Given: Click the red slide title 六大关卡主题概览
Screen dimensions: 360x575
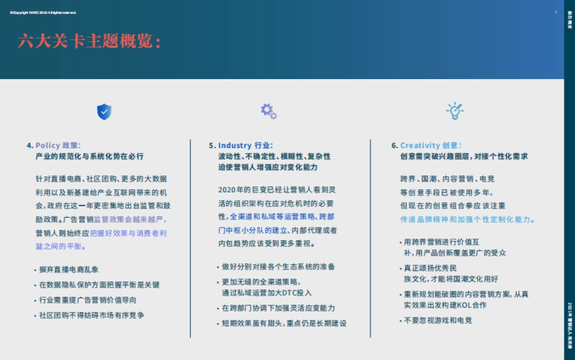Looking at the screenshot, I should (90, 42).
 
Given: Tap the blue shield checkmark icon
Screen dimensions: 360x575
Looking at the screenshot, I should (104, 112).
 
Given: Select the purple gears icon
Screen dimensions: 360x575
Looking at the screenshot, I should (268, 111).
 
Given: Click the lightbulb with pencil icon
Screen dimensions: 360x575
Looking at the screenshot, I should (455, 111).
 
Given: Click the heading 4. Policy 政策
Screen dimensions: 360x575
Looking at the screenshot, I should (54, 145).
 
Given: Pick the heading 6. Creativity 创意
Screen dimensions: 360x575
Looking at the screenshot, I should (426, 145).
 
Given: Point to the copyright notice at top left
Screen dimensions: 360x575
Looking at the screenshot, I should (43, 12).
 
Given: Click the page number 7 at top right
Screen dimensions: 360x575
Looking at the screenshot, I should (555, 12).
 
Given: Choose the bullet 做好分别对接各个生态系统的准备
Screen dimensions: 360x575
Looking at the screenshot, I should (278, 267).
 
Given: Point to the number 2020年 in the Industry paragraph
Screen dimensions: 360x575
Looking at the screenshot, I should (230, 190).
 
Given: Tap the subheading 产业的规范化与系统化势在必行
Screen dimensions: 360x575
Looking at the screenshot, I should (90, 156).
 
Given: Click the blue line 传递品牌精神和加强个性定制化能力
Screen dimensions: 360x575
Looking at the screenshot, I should (467, 220).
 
